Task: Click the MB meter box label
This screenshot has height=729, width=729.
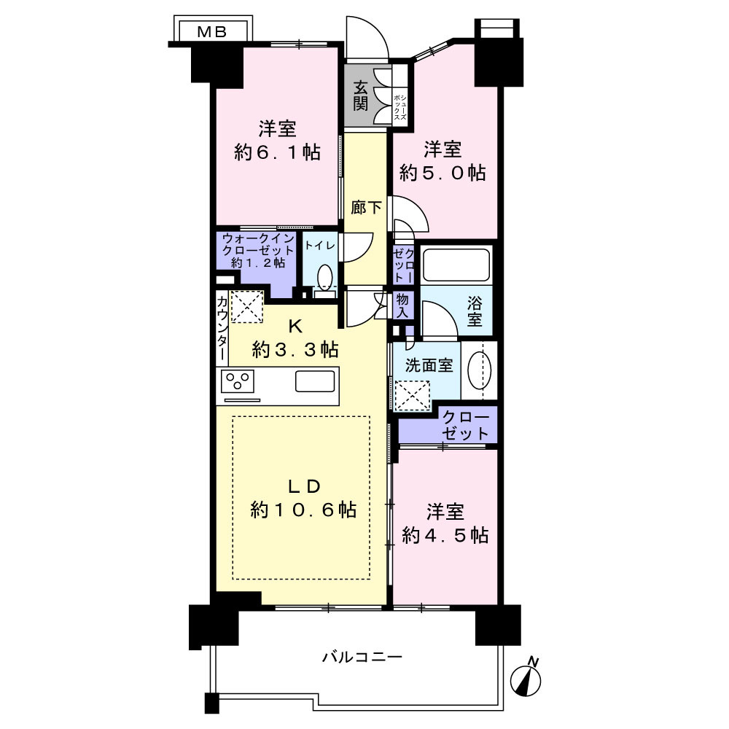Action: [213, 31]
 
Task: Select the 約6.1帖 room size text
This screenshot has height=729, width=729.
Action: [277, 152]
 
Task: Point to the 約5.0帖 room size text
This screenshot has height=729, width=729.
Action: [443, 173]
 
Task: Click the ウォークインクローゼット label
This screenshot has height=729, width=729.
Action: [258, 250]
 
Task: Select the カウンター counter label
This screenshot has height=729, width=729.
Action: [222, 327]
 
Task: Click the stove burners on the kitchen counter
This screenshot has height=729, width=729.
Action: [239, 381]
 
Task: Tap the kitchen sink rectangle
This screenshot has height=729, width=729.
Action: [315, 381]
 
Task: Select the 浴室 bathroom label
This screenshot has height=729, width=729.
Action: [475, 309]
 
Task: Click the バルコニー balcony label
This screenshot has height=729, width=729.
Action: [362, 657]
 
